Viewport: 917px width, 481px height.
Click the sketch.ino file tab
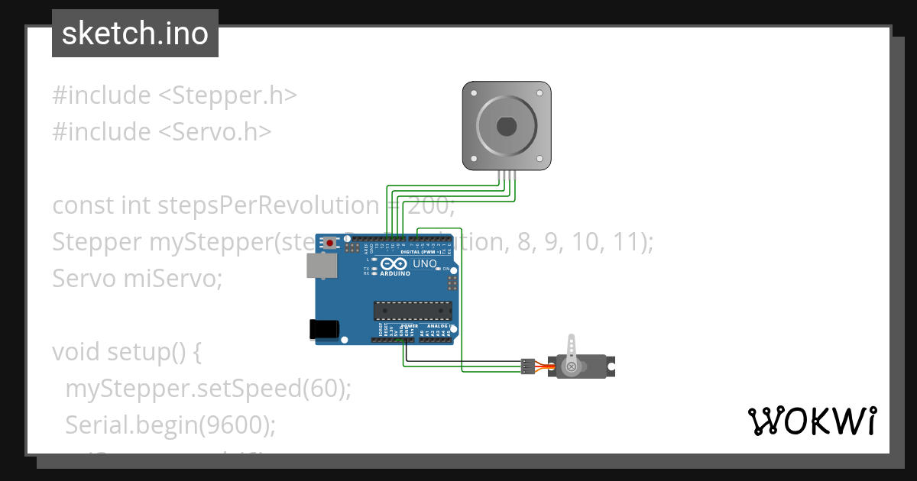(x=135, y=34)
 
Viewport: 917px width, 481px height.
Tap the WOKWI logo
(x=812, y=421)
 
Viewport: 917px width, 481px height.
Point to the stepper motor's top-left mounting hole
(x=474, y=92)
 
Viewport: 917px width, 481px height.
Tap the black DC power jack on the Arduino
(x=323, y=328)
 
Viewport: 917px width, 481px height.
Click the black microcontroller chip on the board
(x=413, y=310)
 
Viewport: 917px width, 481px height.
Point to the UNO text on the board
(x=425, y=264)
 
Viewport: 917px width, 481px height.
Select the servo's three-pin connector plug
(x=527, y=366)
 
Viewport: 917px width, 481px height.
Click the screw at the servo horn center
(x=570, y=367)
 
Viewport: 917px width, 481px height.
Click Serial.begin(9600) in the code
(x=170, y=425)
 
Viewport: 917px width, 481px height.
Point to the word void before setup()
(x=76, y=352)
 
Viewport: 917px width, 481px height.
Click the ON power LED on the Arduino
(x=446, y=270)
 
